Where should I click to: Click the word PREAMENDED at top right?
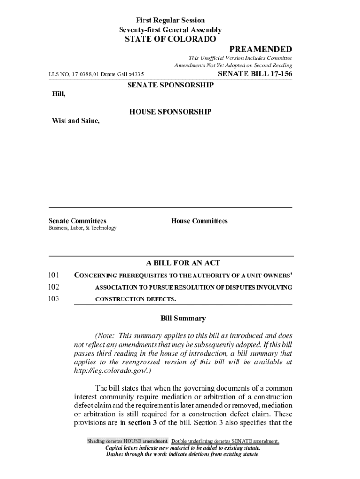coord(260,50)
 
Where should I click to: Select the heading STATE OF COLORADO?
coord(170,39)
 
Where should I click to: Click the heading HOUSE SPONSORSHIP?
coord(170,112)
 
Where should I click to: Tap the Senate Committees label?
coord(78,221)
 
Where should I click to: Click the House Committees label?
coord(199,221)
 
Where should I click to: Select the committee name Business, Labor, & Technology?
coord(83,228)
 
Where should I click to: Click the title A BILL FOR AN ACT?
coord(183,263)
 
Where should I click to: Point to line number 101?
coord(54,275)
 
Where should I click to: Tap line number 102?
coord(54,287)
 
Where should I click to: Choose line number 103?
coord(54,299)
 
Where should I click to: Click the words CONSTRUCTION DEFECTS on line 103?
coord(136,299)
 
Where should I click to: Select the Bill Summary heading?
coord(183,319)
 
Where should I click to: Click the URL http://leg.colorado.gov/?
coord(112,370)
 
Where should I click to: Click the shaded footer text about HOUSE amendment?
coord(128,442)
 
